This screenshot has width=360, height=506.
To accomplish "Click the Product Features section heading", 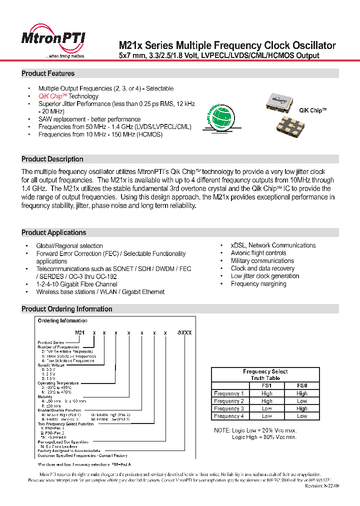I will click(x=48, y=73).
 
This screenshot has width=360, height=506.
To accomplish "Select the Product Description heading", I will click(x=52, y=159).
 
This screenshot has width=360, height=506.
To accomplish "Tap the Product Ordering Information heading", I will click(x=67, y=309).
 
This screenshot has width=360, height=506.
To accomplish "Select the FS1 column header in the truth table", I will click(x=266, y=386).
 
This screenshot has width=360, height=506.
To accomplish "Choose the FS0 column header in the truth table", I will click(x=301, y=386).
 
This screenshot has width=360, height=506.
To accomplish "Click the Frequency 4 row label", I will click(x=229, y=416).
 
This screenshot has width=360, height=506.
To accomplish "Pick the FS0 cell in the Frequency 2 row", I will click(x=301, y=401).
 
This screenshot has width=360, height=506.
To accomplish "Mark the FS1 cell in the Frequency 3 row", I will click(x=266, y=408).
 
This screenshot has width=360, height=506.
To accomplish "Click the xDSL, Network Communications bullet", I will click(x=273, y=245).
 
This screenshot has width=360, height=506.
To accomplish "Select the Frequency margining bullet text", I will click(x=258, y=284).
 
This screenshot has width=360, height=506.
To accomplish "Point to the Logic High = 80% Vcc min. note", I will click(x=264, y=437).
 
